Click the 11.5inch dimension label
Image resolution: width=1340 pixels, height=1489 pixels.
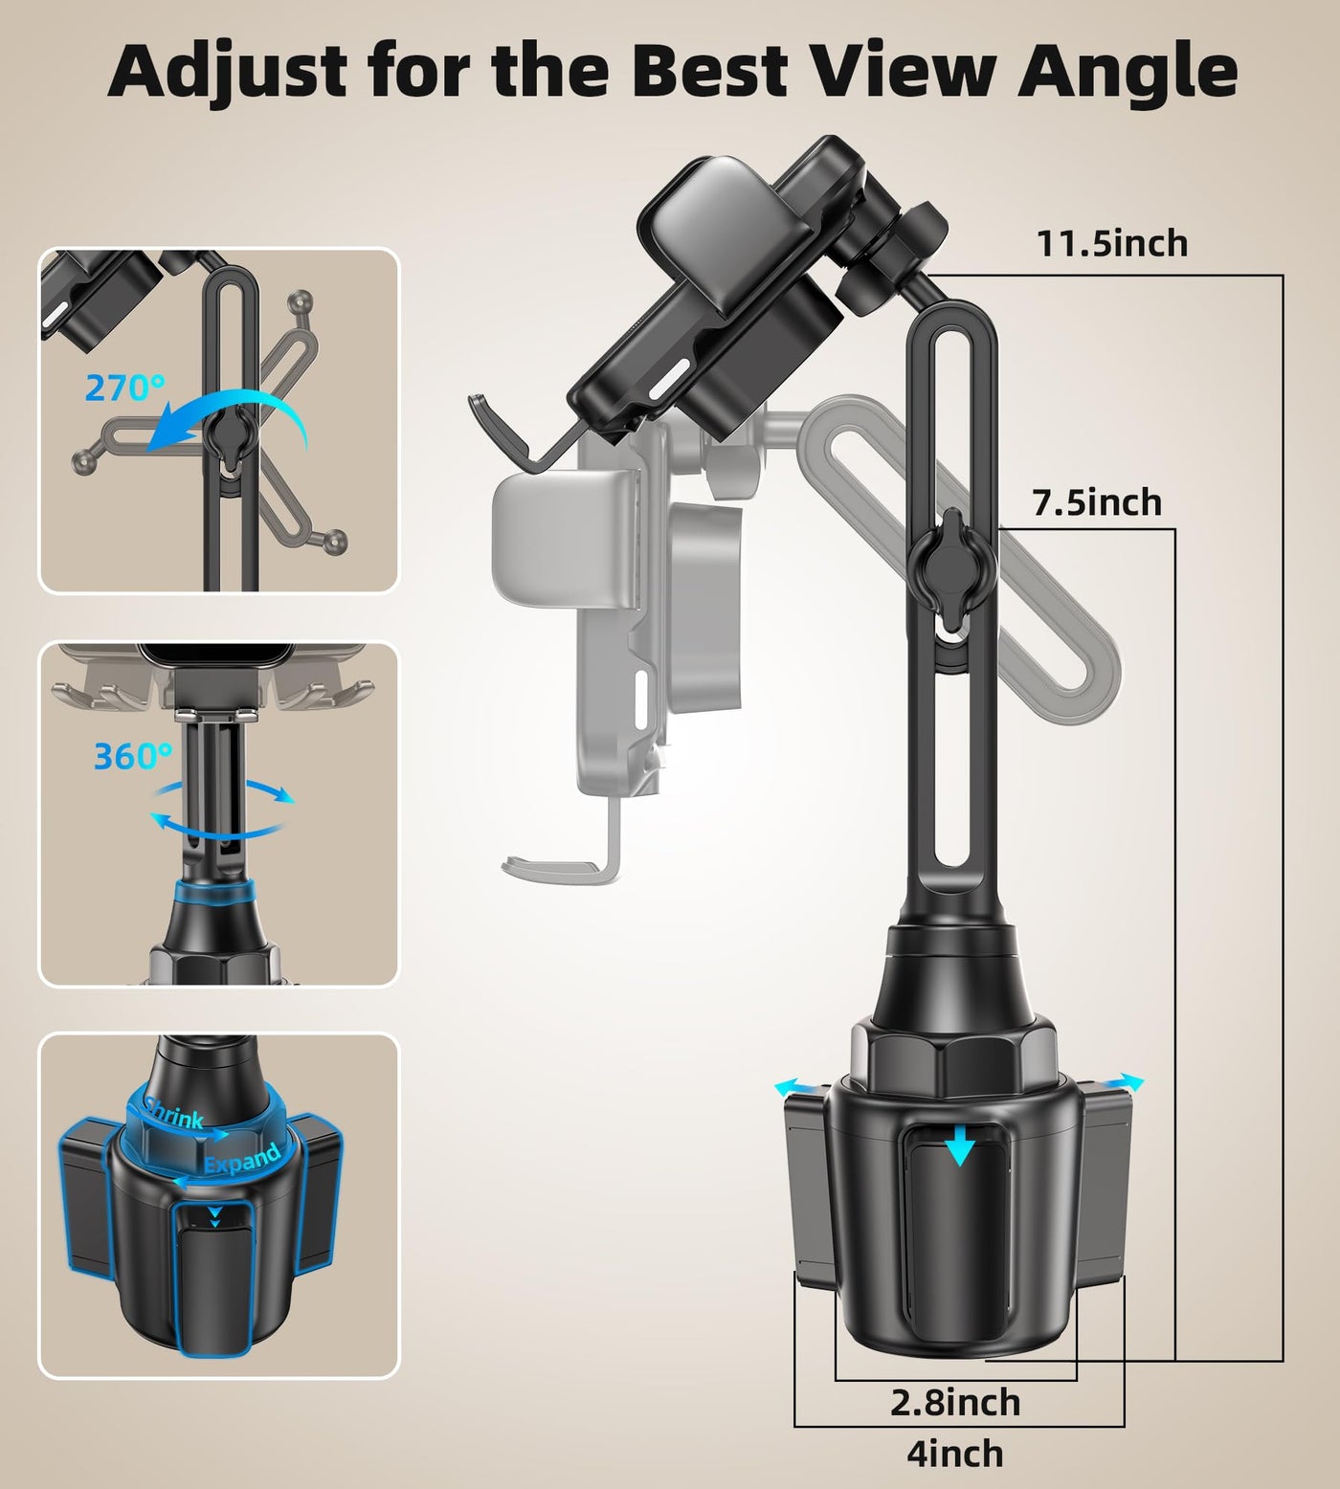point(1112,244)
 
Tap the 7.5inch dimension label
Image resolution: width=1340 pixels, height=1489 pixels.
point(1097,502)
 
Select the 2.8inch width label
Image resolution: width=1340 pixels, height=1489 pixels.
point(955,1403)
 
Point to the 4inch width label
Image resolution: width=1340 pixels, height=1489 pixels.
point(955,1454)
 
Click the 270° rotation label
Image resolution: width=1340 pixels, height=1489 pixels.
point(124,388)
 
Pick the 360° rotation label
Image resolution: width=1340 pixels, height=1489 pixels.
point(133,756)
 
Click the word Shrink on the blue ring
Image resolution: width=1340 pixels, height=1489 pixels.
point(173,1113)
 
